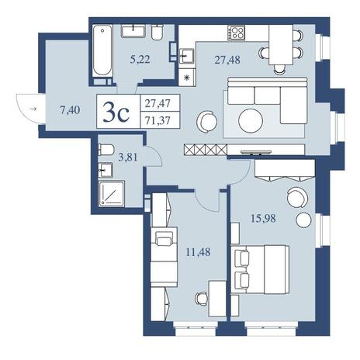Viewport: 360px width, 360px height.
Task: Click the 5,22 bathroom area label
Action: tap(140, 60)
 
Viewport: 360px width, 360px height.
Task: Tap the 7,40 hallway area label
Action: tap(70, 110)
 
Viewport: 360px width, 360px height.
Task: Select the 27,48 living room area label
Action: tap(227, 60)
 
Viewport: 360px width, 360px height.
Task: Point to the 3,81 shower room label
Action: tap(127, 157)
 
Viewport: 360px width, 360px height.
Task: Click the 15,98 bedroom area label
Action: tap(263, 219)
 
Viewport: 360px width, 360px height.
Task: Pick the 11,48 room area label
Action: tap(198, 251)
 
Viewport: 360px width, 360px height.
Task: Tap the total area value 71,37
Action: tap(157, 120)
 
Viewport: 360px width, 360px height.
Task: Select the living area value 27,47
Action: tap(157, 104)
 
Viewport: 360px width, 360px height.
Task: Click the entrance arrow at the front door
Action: tap(33, 109)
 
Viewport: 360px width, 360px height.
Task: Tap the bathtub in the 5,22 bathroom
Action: tap(102, 50)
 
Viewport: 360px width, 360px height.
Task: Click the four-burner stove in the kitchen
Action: tap(237, 33)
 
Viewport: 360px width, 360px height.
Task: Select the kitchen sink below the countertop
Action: tap(186, 56)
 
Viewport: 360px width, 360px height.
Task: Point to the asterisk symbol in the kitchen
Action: tap(187, 77)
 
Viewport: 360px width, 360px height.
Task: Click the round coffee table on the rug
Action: tap(251, 121)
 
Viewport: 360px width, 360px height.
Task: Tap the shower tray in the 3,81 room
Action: tap(112, 194)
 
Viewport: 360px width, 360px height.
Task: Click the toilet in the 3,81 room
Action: tap(106, 150)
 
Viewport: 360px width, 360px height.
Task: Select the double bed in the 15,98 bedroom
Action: tap(260, 269)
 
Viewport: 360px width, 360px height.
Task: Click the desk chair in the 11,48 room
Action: tap(201, 299)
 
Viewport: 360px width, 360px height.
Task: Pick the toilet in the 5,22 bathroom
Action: tap(157, 32)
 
